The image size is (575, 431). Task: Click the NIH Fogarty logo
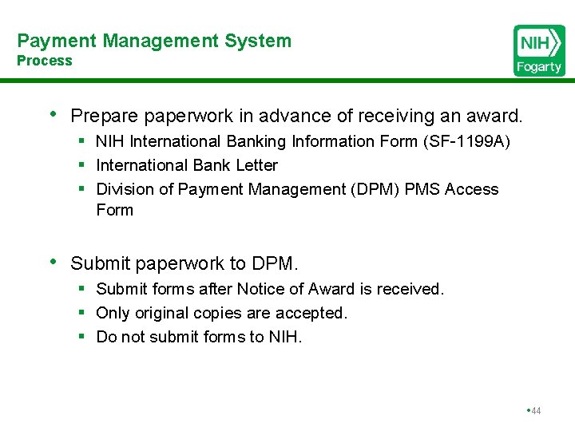coord(539,50)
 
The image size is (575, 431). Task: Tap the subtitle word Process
coord(45,61)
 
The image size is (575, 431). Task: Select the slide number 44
coord(535,411)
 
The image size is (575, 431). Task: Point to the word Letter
coord(257,166)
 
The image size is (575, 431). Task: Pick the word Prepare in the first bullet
coord(105,117)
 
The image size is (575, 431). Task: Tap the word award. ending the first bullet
coord(495,117)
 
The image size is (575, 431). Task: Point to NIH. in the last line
coord(286,337)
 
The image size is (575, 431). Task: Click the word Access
coord(471,190)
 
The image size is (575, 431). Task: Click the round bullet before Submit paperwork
coord(54,261)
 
